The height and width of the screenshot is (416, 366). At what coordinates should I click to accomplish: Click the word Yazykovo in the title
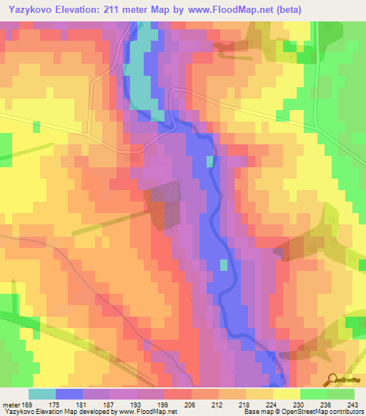pos(32,9)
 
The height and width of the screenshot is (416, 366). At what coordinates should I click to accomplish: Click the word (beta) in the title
pos(284,9)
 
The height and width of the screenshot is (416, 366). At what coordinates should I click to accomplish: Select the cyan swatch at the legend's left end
pos(41,393)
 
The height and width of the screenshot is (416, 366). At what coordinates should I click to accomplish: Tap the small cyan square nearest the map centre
pos(209,161)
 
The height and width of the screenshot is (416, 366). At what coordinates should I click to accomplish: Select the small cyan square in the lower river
pos(223,265)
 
